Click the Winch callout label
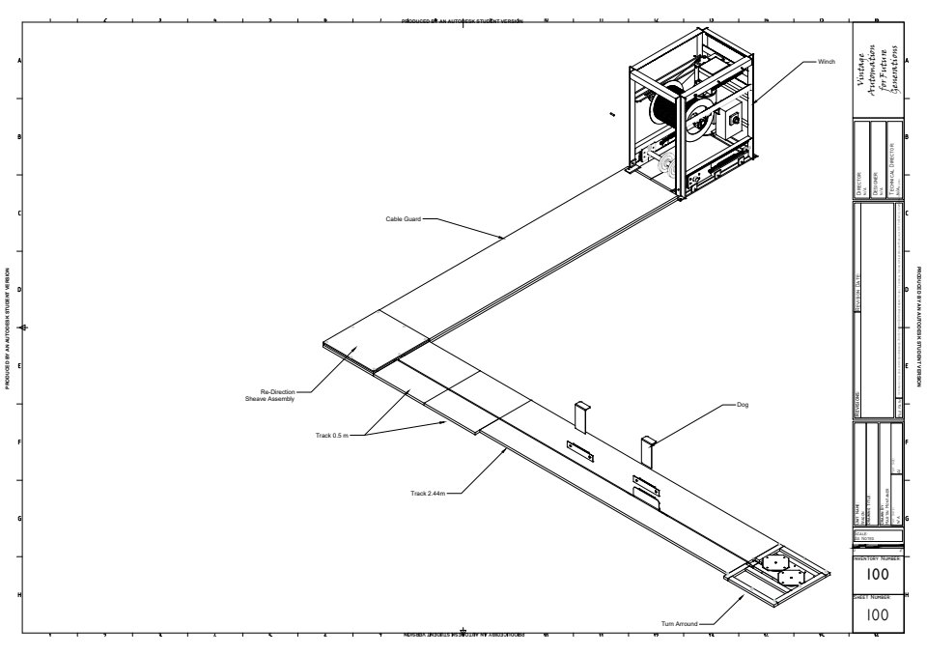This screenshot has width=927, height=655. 826,61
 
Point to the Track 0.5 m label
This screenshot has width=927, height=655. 332,436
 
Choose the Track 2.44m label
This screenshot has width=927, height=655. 428,494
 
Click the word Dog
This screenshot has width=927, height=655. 743,405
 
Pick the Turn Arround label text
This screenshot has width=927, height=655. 680,623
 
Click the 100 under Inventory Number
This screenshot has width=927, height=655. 877,575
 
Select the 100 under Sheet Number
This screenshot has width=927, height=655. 877,614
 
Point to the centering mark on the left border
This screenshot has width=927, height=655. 24,327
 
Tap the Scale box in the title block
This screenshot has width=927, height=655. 877,535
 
